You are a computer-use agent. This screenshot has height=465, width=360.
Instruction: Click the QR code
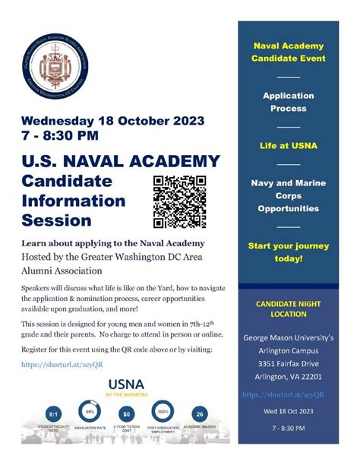179,201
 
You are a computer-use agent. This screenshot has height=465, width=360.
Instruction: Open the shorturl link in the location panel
284,394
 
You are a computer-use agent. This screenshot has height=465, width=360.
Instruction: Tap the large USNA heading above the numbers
127,384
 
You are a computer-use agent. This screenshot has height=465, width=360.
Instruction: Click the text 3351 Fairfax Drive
288,362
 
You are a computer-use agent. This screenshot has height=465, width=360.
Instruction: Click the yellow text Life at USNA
288,144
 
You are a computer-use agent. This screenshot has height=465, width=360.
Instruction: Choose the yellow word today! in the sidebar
288,258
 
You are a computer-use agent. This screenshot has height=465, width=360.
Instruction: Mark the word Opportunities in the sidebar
288,207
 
